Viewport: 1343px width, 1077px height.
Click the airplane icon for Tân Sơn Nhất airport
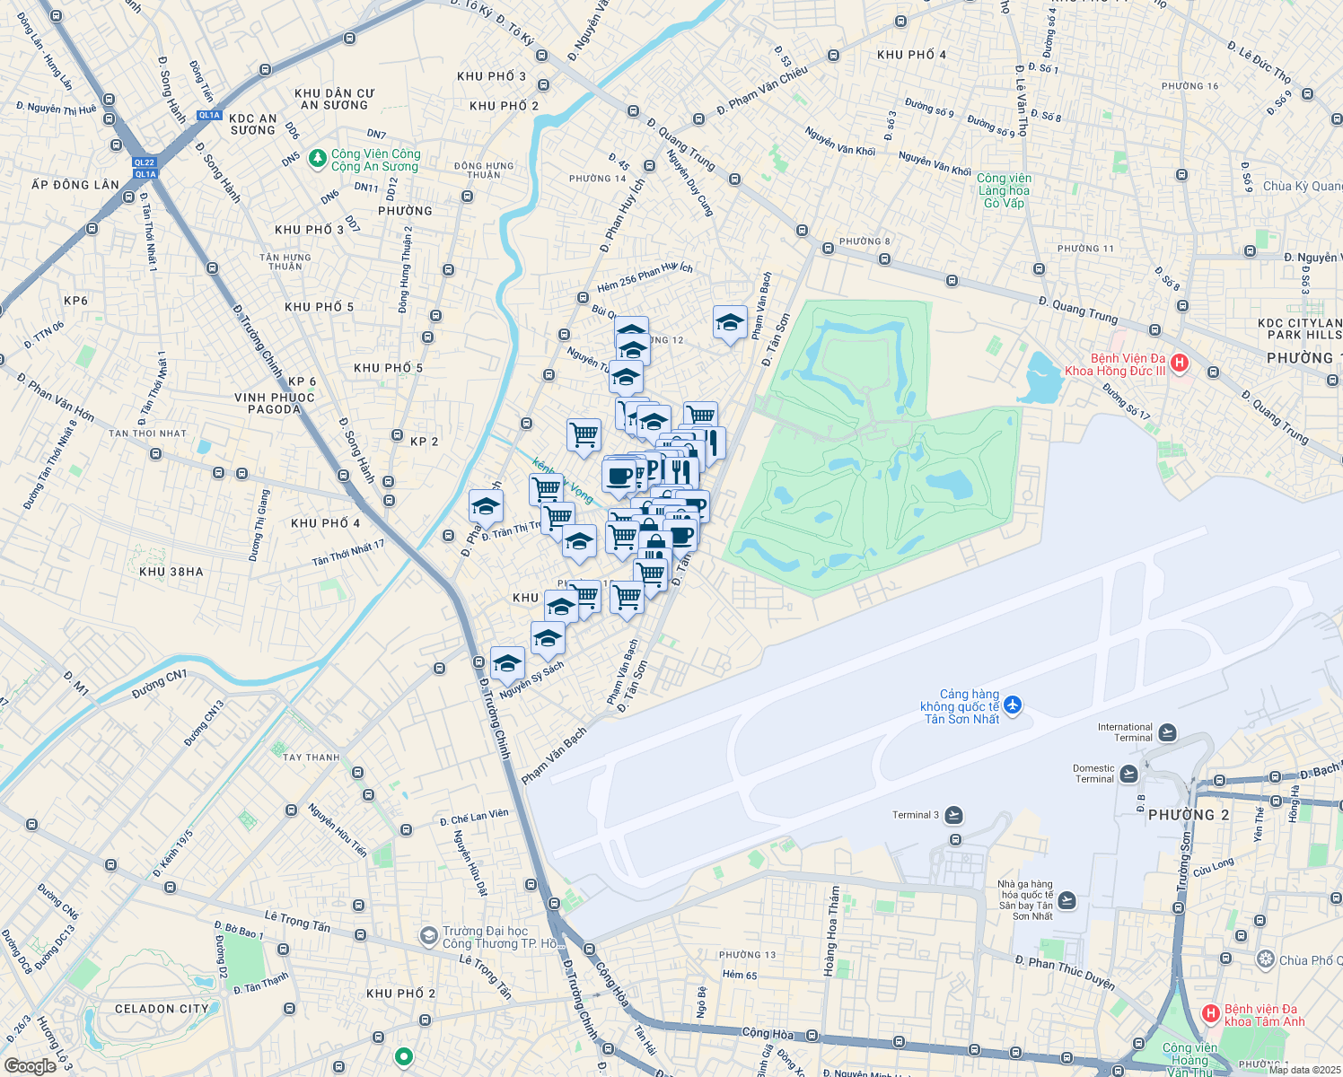click(1014, 705)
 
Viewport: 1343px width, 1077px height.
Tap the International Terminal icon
click(1167, 733)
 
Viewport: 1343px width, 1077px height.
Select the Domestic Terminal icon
click(1128, 774)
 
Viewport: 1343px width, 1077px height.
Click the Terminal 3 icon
click(953, 815)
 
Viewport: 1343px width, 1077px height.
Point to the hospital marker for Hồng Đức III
click(1180, 363)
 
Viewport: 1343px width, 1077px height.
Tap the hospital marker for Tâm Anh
click(1210, 1014)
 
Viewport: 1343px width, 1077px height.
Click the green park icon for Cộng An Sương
click(317, 159)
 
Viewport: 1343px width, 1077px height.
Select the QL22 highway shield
click(144, 162)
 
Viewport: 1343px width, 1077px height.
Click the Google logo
click(30, 1066)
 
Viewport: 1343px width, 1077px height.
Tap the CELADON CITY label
click(162, 1009)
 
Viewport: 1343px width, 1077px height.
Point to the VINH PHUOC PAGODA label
click(275, 403)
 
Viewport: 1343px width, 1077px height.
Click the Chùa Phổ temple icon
click(1266, 959)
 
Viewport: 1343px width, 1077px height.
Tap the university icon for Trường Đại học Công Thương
click(429, 936)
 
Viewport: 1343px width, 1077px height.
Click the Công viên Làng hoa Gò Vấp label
click(1004, 190)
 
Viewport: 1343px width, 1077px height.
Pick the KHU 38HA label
click(171, 572)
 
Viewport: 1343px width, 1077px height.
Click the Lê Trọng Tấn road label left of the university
click(297, 921)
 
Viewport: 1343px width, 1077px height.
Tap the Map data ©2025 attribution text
click(1304, 1069)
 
